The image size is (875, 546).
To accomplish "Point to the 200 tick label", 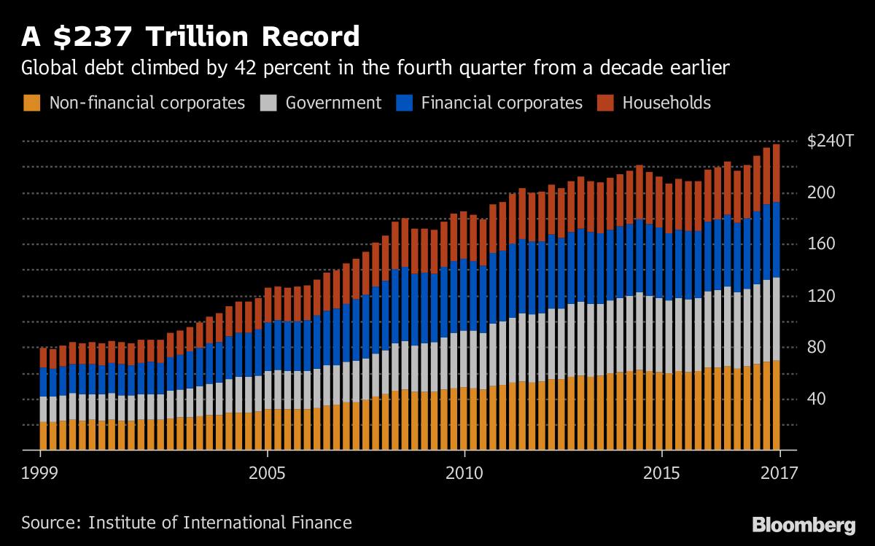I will coord(822,193).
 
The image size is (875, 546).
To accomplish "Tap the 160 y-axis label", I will coord(822,244).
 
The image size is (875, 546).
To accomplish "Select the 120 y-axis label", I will coord(822,296).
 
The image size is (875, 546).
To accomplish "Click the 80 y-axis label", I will coord(818,347).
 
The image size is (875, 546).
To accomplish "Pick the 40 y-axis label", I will coord(818,399).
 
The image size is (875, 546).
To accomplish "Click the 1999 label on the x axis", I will coord(39,472).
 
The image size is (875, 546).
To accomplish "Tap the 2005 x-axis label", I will coord(268,472).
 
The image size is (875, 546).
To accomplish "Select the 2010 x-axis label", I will coord(464,472).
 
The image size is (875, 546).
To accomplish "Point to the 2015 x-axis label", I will coord(661,472).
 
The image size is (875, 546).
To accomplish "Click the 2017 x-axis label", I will coord(779,472).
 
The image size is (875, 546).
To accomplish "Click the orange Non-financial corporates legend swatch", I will coord(32,103).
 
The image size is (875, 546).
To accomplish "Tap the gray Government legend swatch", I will coord(268,103).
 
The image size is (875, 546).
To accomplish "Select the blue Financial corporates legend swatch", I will coord(404,103).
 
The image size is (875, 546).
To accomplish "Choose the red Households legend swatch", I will coord(605,103).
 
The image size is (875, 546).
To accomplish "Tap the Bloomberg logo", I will coord(804,524).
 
